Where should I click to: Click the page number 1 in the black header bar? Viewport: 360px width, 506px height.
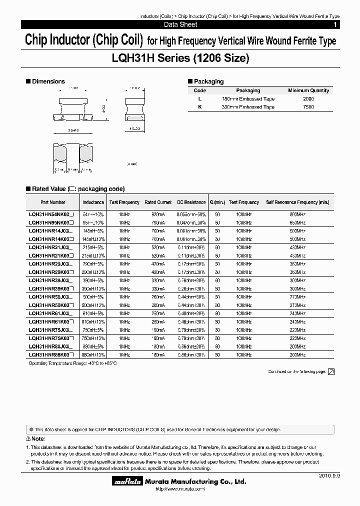coord(334,24)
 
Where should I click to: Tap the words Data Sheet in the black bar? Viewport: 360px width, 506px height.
coord(180,24)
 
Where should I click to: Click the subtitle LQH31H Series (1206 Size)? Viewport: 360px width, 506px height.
coord(180,58)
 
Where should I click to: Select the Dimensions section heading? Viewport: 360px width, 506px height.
coord(48,81)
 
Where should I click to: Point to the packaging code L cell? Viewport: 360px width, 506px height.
coord(199,99)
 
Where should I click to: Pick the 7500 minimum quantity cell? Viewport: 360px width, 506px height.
coord(308,107)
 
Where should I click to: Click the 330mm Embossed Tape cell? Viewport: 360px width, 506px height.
coord(248,107)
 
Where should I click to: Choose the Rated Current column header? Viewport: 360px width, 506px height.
coord(158,202)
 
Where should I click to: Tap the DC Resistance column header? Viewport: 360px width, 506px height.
coord(191,202)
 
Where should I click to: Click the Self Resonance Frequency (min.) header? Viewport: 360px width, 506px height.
coord(297,202)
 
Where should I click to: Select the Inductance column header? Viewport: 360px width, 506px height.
coord(93,202)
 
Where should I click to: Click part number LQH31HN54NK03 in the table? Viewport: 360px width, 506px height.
coord(51,214)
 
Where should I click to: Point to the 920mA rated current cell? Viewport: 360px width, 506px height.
coord(158,214)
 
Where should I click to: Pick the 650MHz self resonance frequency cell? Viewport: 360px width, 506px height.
coord(297,222)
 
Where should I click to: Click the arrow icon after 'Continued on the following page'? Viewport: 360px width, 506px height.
coord(331,371)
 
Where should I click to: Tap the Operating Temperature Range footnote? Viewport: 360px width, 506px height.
coord(72,363)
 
